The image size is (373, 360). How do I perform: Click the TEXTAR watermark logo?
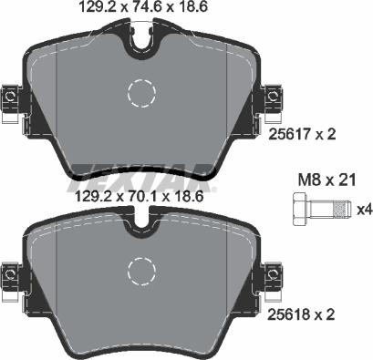146,172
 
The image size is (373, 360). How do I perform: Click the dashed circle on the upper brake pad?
142,92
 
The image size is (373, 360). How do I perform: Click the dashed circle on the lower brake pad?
142,270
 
